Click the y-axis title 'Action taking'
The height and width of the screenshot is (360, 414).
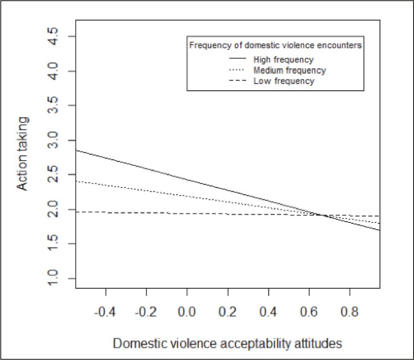[23, 154]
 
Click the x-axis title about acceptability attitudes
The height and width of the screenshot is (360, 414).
[228, 343]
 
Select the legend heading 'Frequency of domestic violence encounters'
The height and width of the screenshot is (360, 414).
[275, 45]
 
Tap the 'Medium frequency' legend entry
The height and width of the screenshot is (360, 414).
[289, 70]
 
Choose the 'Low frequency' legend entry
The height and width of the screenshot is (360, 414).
[284, 81]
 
